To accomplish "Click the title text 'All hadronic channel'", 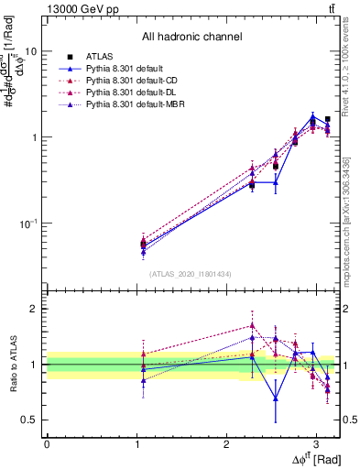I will [x=191, y=38].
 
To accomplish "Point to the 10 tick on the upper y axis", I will [x=31, y=52].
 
